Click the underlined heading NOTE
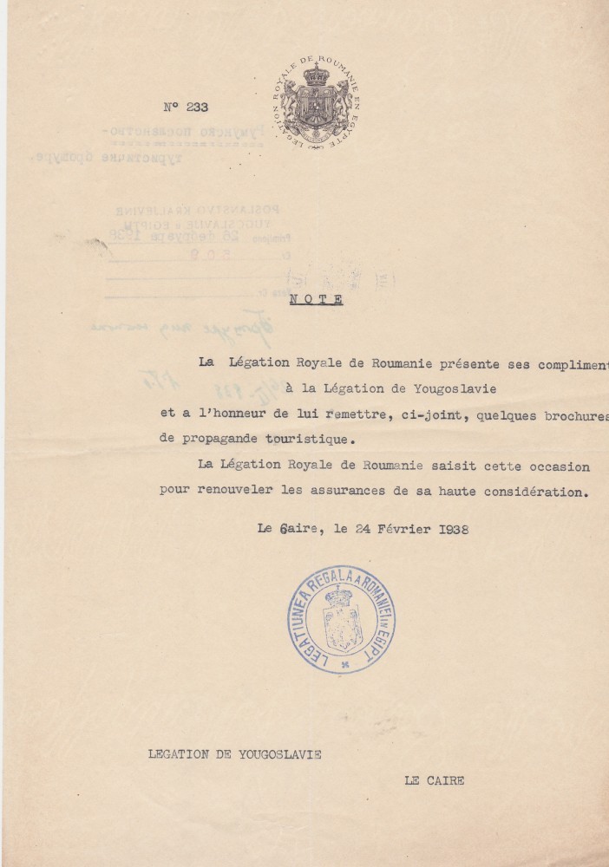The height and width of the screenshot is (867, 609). (317, 300)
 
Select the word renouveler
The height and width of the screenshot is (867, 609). (238, 489)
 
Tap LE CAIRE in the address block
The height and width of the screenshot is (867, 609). (434, 780)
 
